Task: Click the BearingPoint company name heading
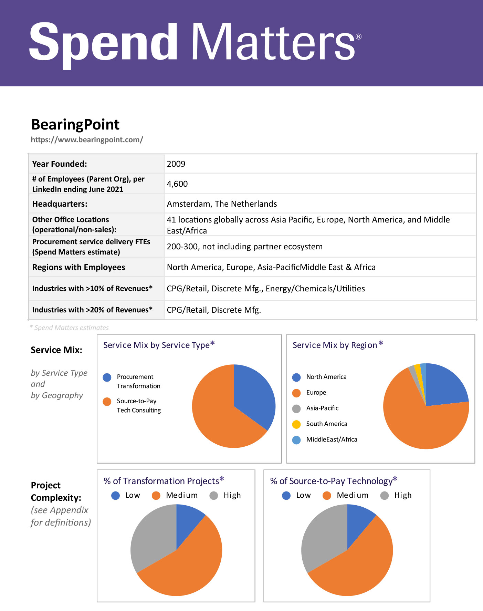tap(75, 124)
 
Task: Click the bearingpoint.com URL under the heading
tap(87, 140)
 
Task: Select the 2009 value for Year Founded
tap(176, 164)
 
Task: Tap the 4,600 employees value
tap(177, 184)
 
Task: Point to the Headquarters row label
tap(60, 204)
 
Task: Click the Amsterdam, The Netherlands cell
tap(222, 204)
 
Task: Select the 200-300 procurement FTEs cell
tap(244, 247)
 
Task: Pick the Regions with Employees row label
tap(78, 267)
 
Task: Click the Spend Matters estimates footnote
tap(70, 328)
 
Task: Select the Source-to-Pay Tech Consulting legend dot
tap(107, 402)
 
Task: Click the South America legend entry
tap(326, 424)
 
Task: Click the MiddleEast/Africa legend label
tap(332, 439)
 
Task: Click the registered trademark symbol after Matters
tap(358, 37)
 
